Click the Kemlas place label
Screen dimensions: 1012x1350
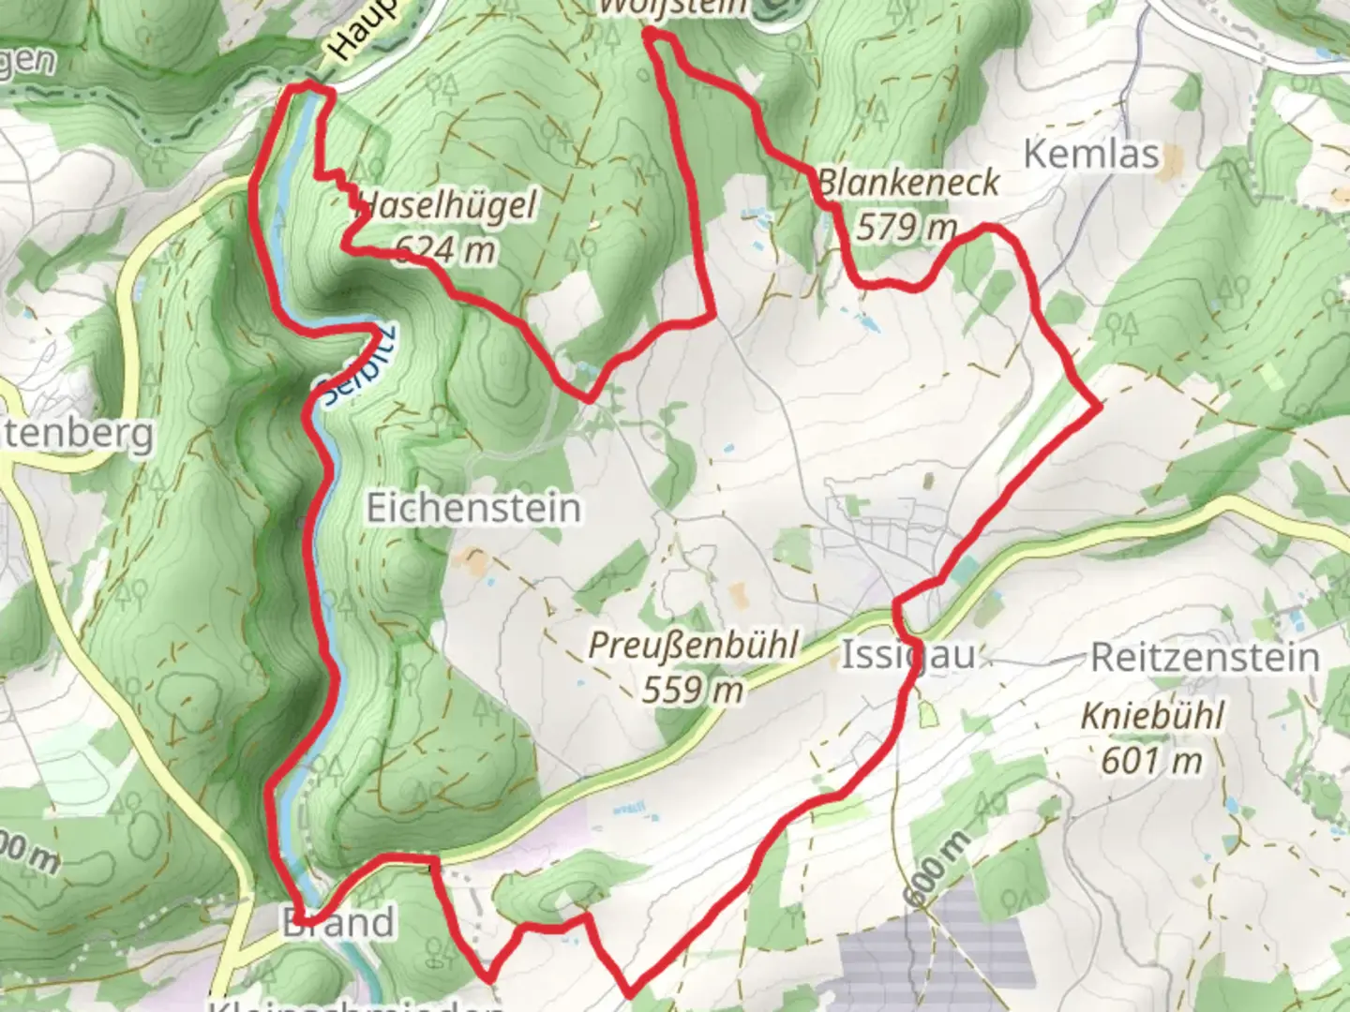(x=1091, y=154)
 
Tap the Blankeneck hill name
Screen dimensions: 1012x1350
(x=908, y=183)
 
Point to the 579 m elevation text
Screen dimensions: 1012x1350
(x=906, y=228)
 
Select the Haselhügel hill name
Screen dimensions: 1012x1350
(x=448, y=205)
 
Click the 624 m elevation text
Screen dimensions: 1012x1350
(x=444, y=249)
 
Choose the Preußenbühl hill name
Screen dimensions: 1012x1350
(x=693, y=646)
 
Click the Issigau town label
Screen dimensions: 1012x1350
(x=907, y=656)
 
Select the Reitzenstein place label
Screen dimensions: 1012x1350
(x=1204, y=658)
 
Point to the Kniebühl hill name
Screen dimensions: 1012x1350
(x=1152, y=716)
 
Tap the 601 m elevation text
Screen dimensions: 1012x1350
(x=1151, y=760)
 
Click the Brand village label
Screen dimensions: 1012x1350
(x=338, y=923)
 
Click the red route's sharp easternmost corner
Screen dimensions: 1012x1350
(x=1098, y=407)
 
